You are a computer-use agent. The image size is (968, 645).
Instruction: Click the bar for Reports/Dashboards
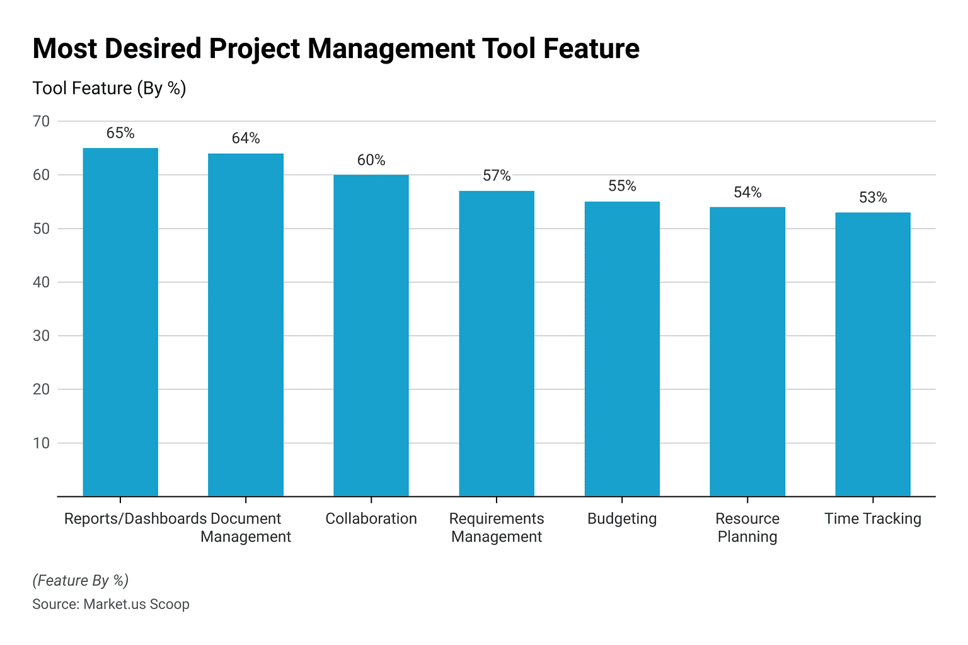(x=120, y=322)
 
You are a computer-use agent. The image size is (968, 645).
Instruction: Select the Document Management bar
(x=246, y=324)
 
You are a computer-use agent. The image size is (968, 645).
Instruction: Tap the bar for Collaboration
(x=371, y=335)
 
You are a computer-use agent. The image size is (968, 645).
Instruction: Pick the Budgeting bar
(x=622, y=348)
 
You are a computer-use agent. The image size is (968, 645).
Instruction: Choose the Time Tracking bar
(x=873, y=354)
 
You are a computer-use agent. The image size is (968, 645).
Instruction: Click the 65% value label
(x=120, y=133)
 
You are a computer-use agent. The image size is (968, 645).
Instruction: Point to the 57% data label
(x=497, y=176)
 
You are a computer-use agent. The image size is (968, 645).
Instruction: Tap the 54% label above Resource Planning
(x=747, y=192)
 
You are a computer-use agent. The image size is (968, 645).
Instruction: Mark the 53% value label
(x=873, y=198)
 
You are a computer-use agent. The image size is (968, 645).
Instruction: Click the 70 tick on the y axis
(x=42, y=121)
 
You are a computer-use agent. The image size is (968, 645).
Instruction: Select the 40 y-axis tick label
(x=42, y=282)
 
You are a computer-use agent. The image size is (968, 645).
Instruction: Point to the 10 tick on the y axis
(x=42, y=443)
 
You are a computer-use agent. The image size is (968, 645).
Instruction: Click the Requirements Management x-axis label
(x=497, y=527)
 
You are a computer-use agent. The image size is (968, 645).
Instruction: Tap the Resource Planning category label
(x=747, y=527)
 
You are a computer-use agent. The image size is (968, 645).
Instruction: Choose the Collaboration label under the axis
(x=371, y=518)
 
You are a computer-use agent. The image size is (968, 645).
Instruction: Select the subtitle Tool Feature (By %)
(x=109, y=88)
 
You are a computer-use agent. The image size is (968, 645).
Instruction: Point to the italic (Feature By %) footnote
(x=80, y=580)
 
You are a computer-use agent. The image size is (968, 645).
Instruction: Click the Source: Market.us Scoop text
(x=111, y=604)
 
